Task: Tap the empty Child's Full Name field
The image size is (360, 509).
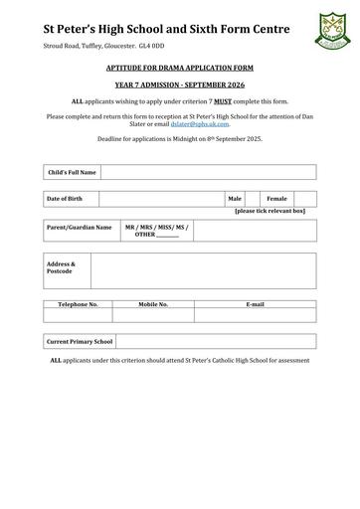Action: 208,172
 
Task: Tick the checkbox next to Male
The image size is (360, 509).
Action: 253,199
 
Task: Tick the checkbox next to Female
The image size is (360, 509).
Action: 305,199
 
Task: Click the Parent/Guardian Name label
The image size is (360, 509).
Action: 80,227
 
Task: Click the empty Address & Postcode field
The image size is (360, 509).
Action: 203,269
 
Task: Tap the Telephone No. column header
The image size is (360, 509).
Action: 78,303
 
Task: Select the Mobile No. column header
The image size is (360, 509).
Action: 153,303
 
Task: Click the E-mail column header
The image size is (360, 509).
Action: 256,303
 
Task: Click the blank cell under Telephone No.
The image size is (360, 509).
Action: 78,314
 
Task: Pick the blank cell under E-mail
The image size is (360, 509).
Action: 256,314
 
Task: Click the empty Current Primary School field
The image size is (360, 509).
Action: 216,341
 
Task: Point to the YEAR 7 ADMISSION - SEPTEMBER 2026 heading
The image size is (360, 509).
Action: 179,85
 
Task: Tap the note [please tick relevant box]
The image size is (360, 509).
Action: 270,212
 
